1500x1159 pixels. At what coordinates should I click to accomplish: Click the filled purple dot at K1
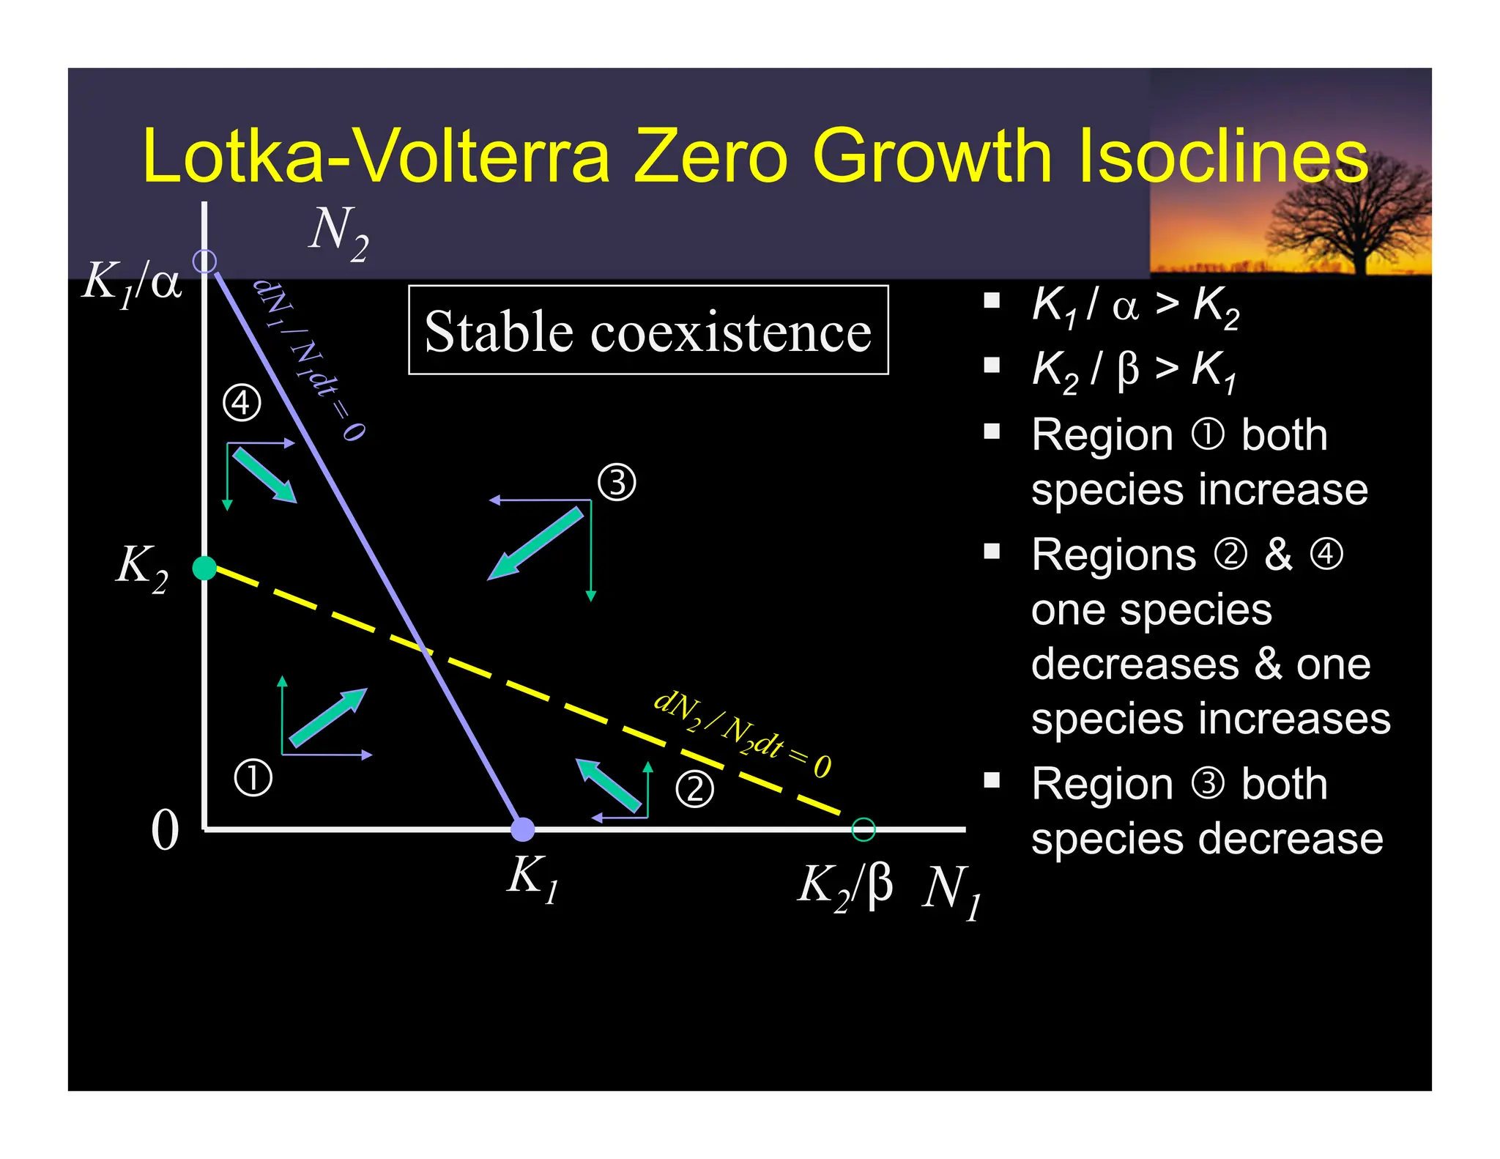(x=522, y=829)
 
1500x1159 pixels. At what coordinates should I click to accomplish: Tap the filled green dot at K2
(x=204, y=568)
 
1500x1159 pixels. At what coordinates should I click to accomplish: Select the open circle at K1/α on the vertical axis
(x=204, y=261)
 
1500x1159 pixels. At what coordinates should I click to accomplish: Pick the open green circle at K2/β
(x=864, y=829)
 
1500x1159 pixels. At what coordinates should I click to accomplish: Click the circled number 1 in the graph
(x=253, y=778)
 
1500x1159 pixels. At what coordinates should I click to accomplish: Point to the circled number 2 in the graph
(x=694, y=789)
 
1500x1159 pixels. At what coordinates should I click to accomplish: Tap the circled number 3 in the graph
(x=617, y=483)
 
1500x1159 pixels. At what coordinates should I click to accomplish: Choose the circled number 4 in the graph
(x=242, y=403)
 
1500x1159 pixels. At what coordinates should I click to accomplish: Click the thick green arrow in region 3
(x=536, y=544)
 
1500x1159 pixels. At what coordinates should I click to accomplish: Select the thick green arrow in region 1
(x=328, y=717)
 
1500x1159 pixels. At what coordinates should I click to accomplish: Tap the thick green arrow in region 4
(x=264, y=475)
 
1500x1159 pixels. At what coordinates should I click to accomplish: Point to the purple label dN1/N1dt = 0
(x=309, y=358)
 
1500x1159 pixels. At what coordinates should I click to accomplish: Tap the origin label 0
(x=165, y=831)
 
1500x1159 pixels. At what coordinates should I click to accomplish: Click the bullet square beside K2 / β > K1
(x=992, y=365)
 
